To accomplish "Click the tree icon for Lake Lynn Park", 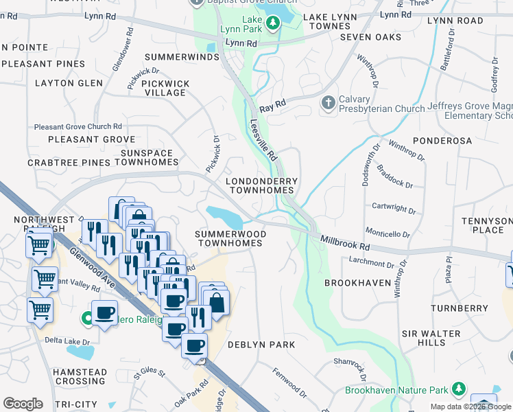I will click(x=273, y=24).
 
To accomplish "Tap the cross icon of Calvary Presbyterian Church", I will click(x=328, y=103).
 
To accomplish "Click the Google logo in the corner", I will click(x=23, y=404).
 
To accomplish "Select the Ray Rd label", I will click(x=271, y=106).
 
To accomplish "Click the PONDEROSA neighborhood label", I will click(x=442, y=140).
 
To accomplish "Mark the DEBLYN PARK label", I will click(x=261, y=344).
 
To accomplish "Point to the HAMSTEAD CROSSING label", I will click(x=80, y=376).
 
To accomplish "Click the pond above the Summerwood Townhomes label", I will click(x=225, y=216).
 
